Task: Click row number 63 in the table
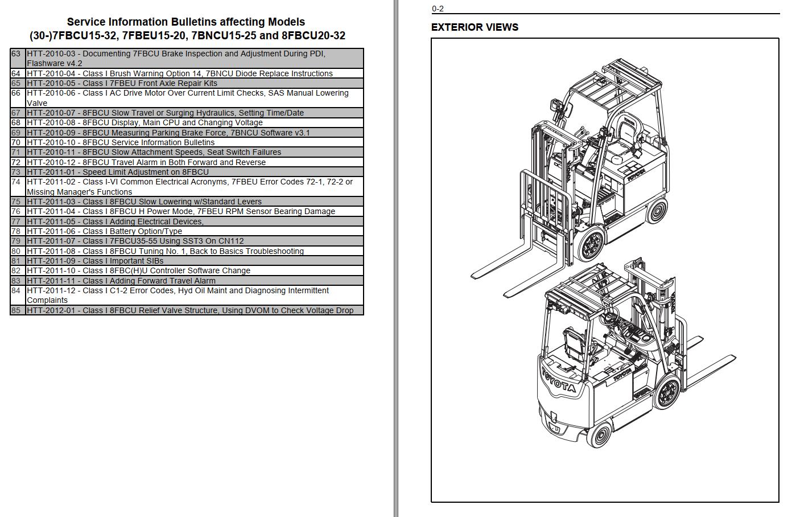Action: [x=16, y=54]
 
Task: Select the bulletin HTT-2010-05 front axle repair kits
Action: [x=122, y=83]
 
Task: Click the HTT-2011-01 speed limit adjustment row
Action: [x=118, y=172]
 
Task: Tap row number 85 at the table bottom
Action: [x=16, y=310]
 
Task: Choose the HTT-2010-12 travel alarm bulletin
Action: [x=146, y=162]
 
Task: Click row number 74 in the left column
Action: [x=16, y=182]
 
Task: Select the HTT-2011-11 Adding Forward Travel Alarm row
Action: [x=121, y=281]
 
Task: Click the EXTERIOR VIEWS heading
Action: [x=475, y=27]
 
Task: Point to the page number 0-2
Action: [x=438, y=9]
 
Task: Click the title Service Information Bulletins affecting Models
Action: [x=186, y=22]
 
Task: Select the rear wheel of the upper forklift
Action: [x=657, y=211]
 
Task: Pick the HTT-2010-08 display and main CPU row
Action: [x=145, y=122]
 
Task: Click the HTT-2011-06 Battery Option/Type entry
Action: [x=104, y=231]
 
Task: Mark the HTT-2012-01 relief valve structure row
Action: [x=190, y=310]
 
